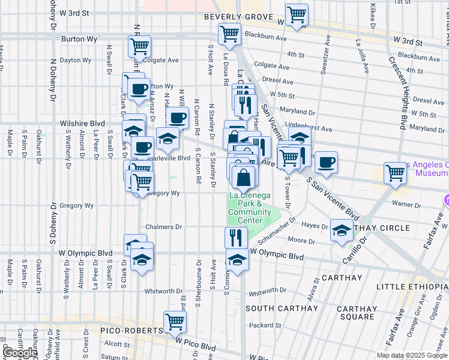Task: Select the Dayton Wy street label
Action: tap(75, 60)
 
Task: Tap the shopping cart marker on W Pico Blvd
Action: tap(175, 322)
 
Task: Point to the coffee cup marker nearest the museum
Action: tap(326, 163)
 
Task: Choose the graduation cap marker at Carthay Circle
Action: tap(342, 231)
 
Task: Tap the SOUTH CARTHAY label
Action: tap(281, 308)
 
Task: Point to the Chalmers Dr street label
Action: tap(164, 227)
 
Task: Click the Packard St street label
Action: tap(261, 325)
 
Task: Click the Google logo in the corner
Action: tap(20, 353)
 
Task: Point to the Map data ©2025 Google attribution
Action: tap(412, 355)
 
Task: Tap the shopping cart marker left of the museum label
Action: tap(396, 173)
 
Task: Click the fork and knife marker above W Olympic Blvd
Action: tap(236, 238)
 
